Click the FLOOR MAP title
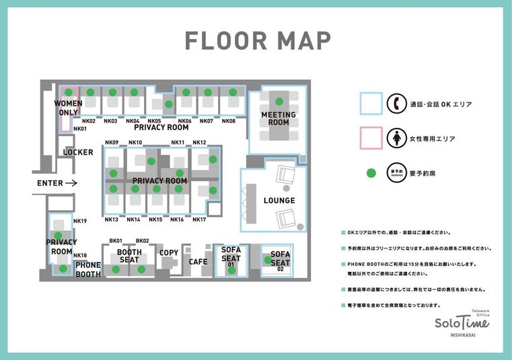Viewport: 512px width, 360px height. (258, 41)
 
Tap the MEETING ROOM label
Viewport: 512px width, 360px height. (279, 118)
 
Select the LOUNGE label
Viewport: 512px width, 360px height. (279, 201)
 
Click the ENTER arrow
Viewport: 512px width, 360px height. (72, 183)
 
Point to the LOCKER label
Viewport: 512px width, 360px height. (78, 152)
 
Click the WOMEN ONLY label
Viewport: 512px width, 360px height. (68, 108)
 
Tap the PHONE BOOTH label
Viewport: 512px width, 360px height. (88, 270)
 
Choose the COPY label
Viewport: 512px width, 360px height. (169, 253)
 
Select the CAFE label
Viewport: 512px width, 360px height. (198, 262)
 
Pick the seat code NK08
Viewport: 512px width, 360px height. (229, 122)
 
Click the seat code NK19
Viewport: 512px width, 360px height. (80, 221)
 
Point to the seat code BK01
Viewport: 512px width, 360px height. (116, 241)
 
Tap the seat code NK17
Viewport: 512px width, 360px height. (199, 220)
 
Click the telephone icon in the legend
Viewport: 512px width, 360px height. (397, 104)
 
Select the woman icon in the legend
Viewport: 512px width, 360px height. (397, 138)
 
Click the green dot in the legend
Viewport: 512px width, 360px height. (371, 173)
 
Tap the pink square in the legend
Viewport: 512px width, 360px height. (371, 138)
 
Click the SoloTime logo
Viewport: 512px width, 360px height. (462, 322)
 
